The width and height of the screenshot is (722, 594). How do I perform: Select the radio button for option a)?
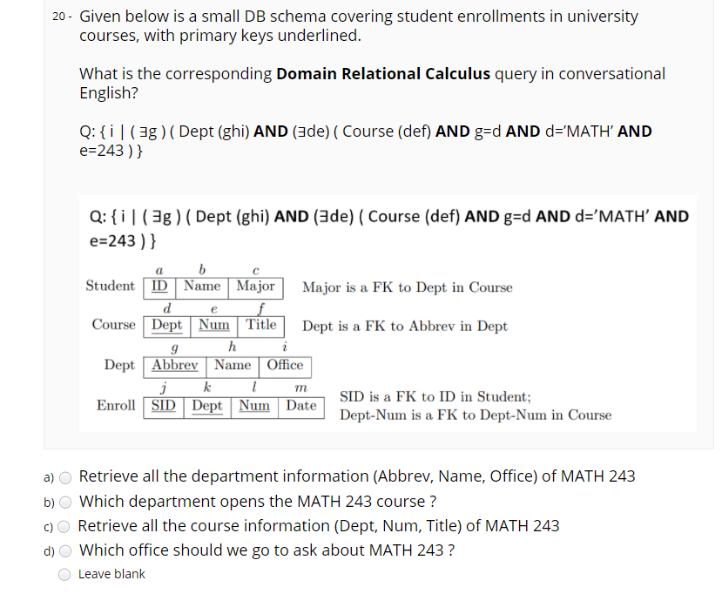click(65, 476)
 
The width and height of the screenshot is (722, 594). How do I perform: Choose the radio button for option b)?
click(65, 502)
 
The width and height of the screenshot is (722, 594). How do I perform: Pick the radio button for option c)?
click(65, 526)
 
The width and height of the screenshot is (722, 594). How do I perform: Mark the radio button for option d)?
click(65, 550)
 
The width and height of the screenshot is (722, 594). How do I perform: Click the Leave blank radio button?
click(65, 574)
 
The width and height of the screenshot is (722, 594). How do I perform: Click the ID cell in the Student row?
click(160, 286)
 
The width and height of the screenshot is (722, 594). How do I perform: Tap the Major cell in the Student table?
click(255, 286)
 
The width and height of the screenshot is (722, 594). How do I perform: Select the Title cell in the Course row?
click(260, 325)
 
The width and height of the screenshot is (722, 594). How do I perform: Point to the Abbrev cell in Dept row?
click(174, 365)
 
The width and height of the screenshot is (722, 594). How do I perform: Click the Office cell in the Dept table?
click(286, 365)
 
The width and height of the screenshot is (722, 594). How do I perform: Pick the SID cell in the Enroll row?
click(163, 405)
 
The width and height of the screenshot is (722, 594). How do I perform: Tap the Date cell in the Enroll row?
click(301, 405)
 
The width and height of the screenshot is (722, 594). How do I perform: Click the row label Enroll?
click(117, 405)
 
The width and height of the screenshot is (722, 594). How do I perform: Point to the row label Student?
click(111, 286)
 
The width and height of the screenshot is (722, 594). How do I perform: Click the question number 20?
click(59, 17)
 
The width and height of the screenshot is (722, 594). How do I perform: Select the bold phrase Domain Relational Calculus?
click(383, 74)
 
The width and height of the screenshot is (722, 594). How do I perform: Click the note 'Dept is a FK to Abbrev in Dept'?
click(405, 327)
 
